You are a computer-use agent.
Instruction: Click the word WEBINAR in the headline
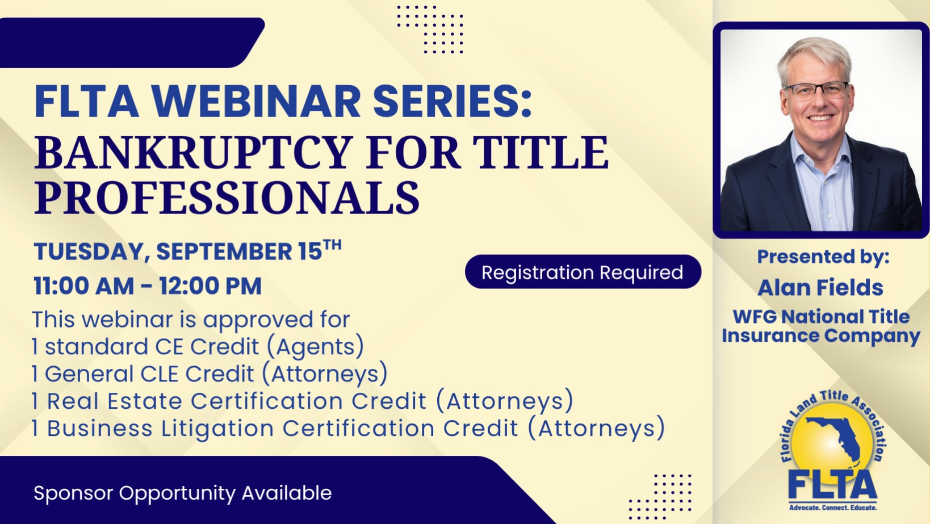pos(255,102)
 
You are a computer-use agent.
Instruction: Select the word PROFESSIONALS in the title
pos(227,198)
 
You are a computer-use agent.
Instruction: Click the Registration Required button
pos(583,272)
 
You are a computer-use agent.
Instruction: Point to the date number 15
pos(310,251)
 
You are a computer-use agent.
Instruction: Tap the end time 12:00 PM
pos(210,286)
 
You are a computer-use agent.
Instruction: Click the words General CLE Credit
pos(149,374)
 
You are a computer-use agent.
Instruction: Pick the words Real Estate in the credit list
pos(115,401)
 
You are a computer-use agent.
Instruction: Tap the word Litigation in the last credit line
pos(217,429)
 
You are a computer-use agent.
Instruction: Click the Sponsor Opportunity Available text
pos(183,493)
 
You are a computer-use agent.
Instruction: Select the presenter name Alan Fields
pos(820,288)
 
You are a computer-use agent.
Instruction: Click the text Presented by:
pos(823,257)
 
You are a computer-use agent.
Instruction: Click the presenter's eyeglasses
pos(816,90)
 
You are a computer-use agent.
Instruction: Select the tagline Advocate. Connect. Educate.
pos(833,508)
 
